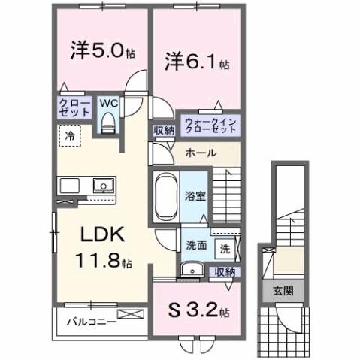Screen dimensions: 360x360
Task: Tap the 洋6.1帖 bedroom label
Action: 192,61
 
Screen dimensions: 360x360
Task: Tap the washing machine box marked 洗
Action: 225,247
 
